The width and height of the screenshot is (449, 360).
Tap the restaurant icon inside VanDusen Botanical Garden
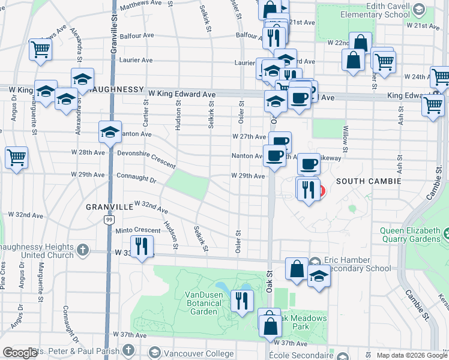tap(242, 301)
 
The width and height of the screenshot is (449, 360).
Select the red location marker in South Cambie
tap(320, 191)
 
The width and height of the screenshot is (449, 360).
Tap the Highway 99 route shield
tap(109, 220)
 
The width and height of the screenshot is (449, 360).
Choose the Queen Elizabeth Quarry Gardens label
tap(414, 236)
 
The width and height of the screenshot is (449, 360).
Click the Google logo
tap(20, 353)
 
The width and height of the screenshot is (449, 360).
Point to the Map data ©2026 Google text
tap(411, 355)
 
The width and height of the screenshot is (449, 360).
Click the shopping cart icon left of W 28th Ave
tap(17, 158)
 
